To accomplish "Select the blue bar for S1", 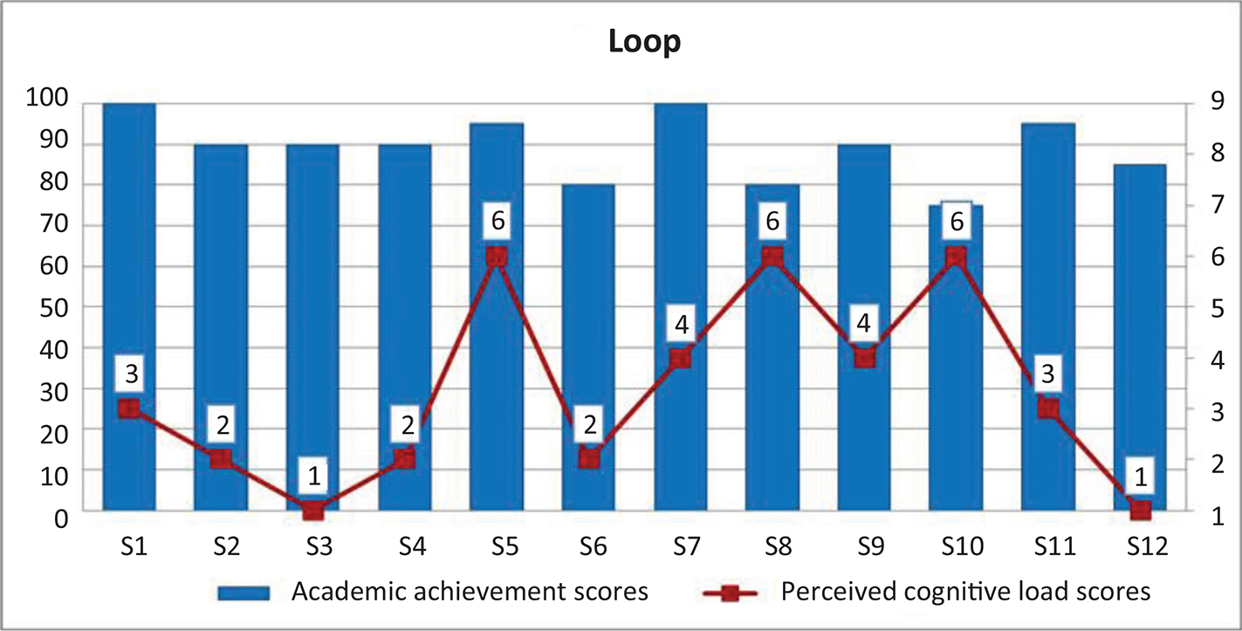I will (x=129, y=262).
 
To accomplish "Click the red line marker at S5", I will (x=497, y=257).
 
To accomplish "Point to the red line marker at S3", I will (x=312, y=511).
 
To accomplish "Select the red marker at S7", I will (x=681, y=359).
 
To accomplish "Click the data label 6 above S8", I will (x=772, y=222).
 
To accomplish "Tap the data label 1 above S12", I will (x=1141, y=476).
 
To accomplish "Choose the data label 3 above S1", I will (x=129, y=374).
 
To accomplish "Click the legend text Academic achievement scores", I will (x=470, y=593).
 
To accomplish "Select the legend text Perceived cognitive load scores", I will (x=966, y=593).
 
